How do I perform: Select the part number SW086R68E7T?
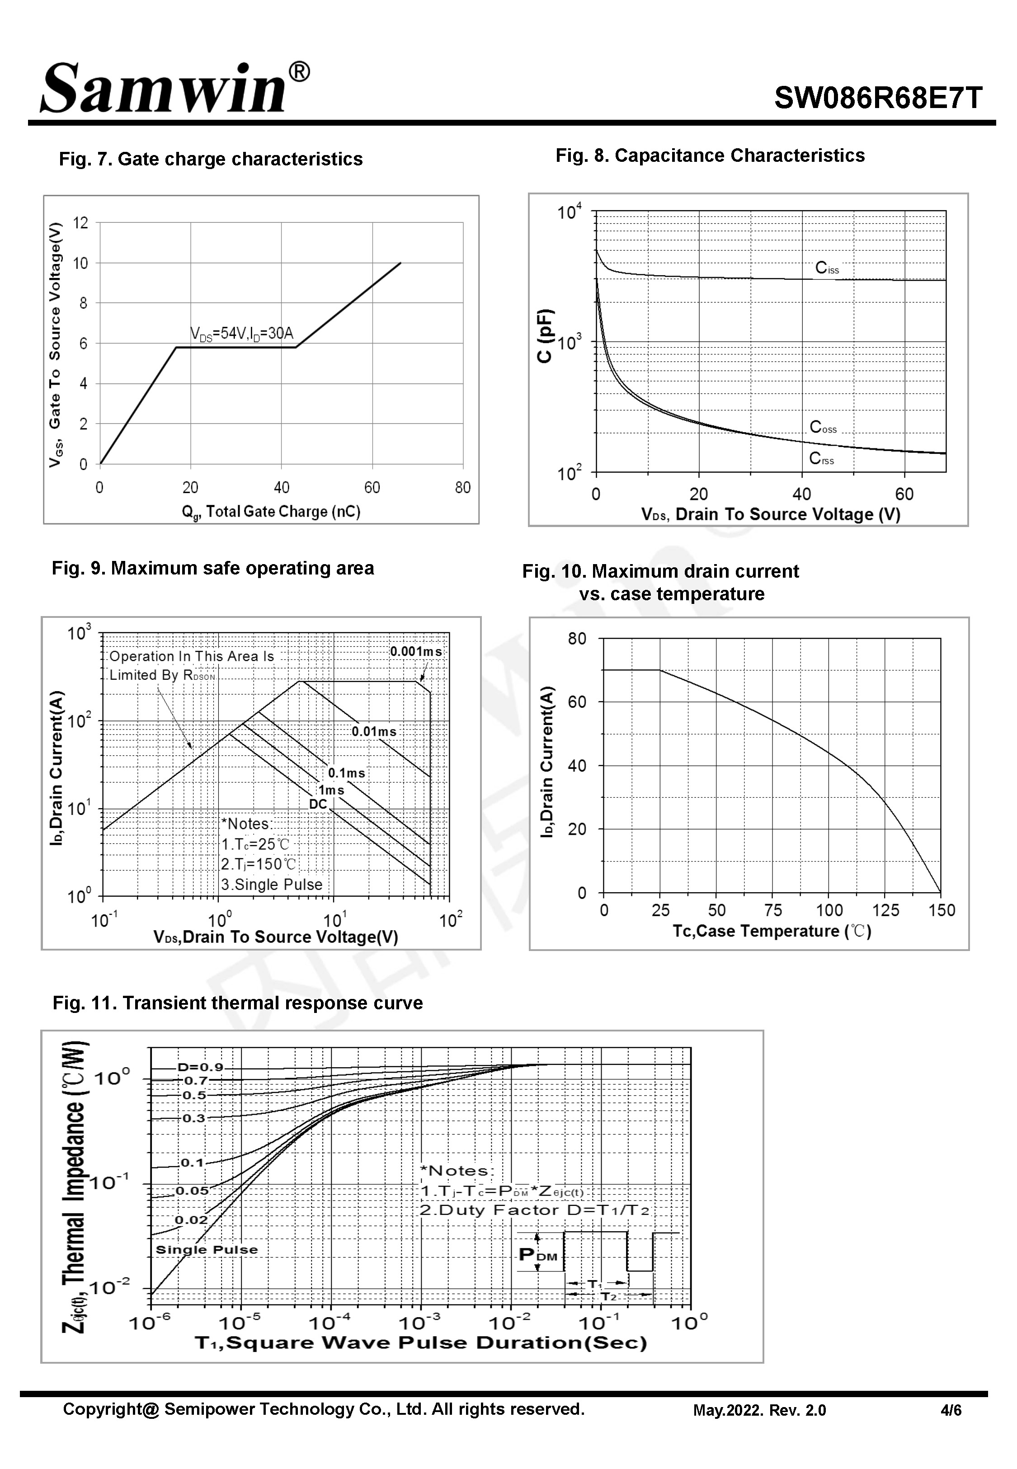coord(878,99)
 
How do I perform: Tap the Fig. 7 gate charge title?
coord(211,159)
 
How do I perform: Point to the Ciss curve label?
coord(826,268)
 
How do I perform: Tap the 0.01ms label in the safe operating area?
coord(374,731)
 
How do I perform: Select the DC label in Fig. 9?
coord(317,805)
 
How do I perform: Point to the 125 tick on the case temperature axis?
coord(885,910)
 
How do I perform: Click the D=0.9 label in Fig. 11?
coord(200,1067)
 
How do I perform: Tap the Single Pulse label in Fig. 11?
coord(207,1250)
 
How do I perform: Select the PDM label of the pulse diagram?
coord(538,1254)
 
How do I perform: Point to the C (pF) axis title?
coord(545,336)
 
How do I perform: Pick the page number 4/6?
coord(951,1410)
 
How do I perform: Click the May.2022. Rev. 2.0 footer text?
coord(759,1410)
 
